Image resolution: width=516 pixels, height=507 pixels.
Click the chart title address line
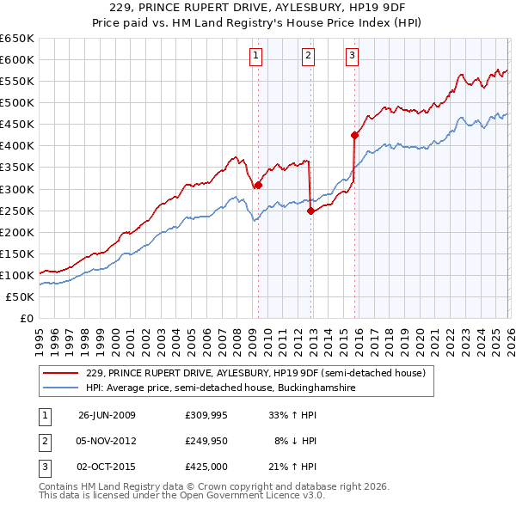point(258,8)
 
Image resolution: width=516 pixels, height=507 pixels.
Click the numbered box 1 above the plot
point(257,57)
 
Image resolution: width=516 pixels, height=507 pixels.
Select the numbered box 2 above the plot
point(308,57)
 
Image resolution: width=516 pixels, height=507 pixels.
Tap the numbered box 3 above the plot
point(353,57)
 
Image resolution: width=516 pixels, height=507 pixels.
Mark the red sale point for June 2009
point(258,184)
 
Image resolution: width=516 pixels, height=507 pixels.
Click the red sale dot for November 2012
point(310,211)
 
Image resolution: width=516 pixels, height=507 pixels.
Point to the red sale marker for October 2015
point(353,134)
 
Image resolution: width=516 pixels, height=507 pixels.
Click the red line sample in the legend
point(63,373)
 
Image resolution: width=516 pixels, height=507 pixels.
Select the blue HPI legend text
point(220,388)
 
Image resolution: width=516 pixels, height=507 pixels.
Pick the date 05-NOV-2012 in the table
point(107,441)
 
